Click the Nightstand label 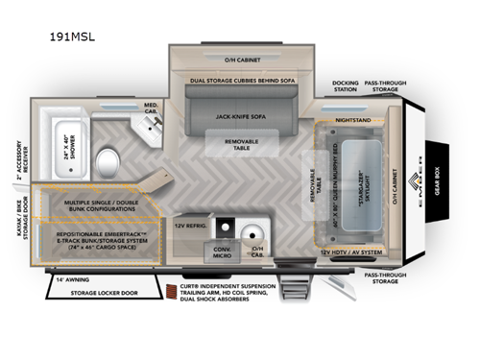(x=354, y=122)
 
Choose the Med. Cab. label (x=152, y=108)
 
